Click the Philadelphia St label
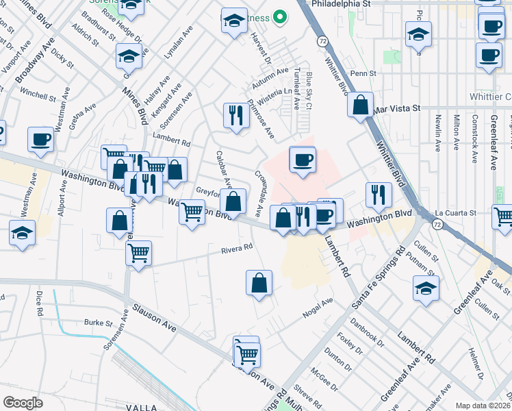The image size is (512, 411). (x=340, y=3)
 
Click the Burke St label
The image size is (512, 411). (x=98, y=323)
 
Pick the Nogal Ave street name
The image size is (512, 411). (x=318, y=308)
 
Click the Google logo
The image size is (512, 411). (x=23, y=403)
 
